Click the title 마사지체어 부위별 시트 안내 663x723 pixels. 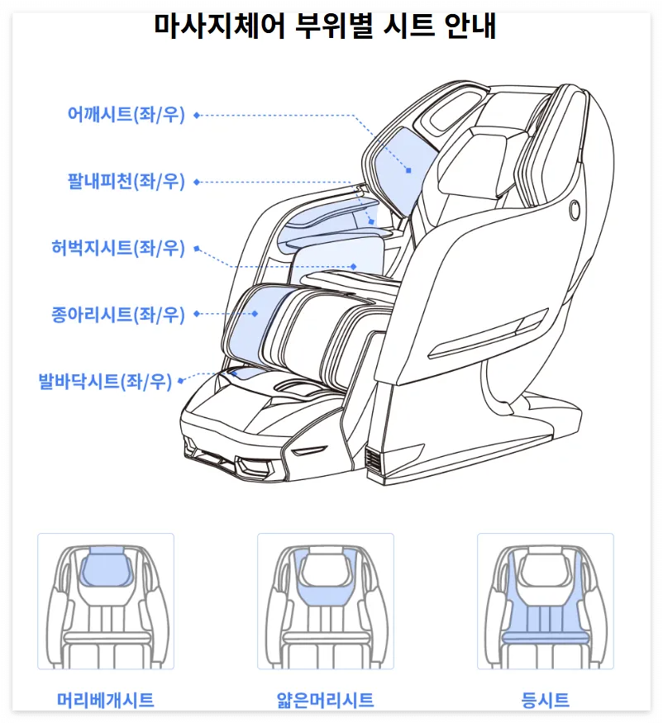pyautogui.click(x=326, y=26)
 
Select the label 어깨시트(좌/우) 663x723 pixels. pyautogui.click(x=126, y=115)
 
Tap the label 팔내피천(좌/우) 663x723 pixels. pyautogui.click(x=126, y=181)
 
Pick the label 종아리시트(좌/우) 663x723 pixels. pyautogui.click(x=117, y=314)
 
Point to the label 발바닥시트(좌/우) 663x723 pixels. pyautogui.click(x=105, y=381)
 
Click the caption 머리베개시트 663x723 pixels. pyautogui.click(x=106, y=700)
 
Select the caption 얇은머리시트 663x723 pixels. pyautogui.click(x=325, y=700)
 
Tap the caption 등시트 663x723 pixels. pyautogui.click(x=545, y=700)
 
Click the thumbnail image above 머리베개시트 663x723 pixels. pyautogui.click(x=106, y=601)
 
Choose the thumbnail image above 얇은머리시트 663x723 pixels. pyautogui.click(x=325, y=601)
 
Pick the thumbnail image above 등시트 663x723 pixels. pyautogui.click(x=545, y=601)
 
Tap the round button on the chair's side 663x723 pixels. pyautogui.click(x=573, y=210)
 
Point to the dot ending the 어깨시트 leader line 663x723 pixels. pyautogui.click(x=408, y=170)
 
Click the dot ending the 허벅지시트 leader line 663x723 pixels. pyautogui.click(x=354, y=266)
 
